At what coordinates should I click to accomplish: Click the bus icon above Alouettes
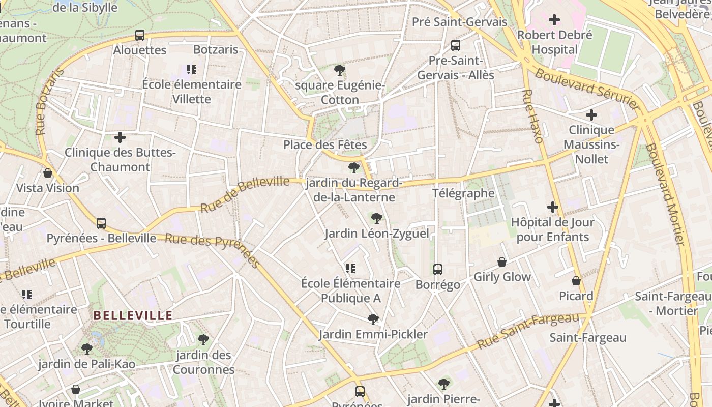tap(140, 35)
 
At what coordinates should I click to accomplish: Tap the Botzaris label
tap(216, 50)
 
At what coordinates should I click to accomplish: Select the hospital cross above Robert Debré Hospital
tap(554, 20)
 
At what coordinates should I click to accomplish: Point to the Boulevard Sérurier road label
tap(586, 89)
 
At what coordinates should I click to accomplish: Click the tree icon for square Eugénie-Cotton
tap(340, 70)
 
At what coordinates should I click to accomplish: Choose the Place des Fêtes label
tap(325, 145)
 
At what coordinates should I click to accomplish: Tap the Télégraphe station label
tap(463, 193)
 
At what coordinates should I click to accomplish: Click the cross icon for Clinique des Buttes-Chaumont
tap(120, 137)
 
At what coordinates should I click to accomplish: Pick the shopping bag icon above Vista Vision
tap(48, 173)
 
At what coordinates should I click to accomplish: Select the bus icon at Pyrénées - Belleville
tap(101, 223)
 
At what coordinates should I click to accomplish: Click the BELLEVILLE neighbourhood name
tap(133, 316)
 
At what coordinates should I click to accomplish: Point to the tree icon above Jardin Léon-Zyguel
tap(377, 218)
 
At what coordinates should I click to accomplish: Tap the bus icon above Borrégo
tap(438, 270)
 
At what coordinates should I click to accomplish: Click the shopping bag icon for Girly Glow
tap(502, 262)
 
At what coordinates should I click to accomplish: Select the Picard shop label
tap(576, 296)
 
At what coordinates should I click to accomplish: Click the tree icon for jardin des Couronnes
tap(203, 339)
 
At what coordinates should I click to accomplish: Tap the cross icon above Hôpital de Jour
tap(553, 207)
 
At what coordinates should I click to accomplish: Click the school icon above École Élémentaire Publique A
tap(350, 268)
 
